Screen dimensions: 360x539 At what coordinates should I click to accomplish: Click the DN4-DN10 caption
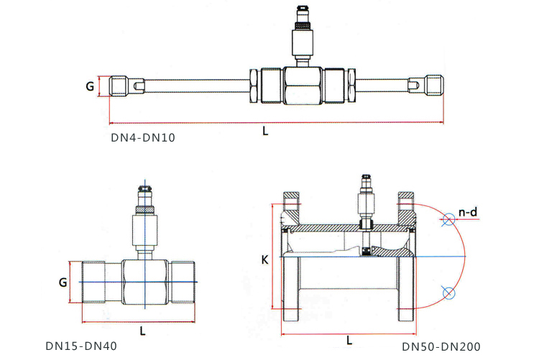[x=142, y=137]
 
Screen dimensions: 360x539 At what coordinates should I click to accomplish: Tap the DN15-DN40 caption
[x=80, y=346]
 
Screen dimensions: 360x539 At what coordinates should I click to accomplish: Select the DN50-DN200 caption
[x=441, y=346]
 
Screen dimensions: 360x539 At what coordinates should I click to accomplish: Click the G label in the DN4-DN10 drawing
[x=90, y=86]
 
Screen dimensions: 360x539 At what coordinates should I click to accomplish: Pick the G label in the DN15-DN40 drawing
[x=63, y=282]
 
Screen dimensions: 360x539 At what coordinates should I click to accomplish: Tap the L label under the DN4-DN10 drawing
[x=265, y=131]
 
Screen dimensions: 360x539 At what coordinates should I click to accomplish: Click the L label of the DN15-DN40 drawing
[x=142, y=331]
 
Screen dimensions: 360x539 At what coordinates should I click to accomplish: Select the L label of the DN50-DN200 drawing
[x=349, y=339]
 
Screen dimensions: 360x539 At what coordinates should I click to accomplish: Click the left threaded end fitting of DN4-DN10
[x=121, y=86]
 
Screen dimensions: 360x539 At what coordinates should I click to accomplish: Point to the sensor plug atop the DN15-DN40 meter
[x=143, y=195]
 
